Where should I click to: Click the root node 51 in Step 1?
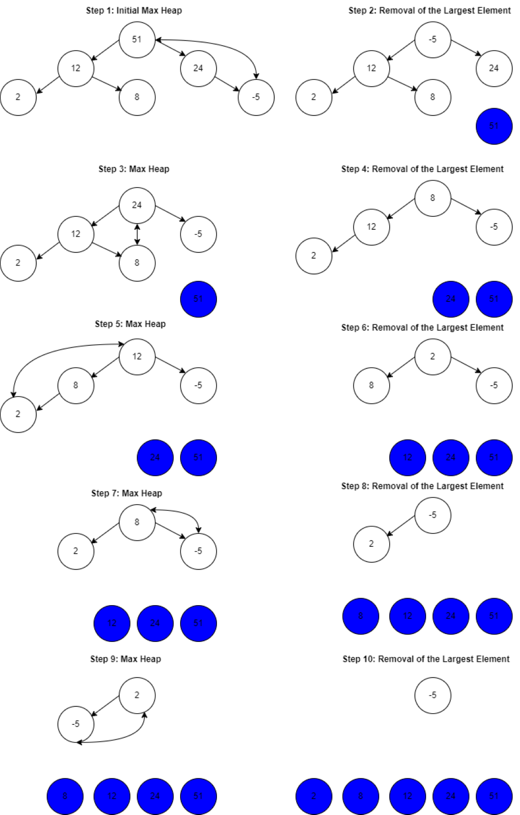(137, 39)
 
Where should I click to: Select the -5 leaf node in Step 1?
(256, 97)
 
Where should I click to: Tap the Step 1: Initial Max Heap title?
(134, 10)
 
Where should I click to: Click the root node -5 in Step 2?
(432, 39)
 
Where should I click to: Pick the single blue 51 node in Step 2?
(494, 126)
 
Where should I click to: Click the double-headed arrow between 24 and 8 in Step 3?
(137, 234)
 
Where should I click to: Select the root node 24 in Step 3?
(137, 205)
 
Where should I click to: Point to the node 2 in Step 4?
(314, 256)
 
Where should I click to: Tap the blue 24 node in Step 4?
(450, 299)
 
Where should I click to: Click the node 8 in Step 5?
(76, 385)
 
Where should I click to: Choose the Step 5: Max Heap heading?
(130, 324)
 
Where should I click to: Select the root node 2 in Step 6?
(432, 356)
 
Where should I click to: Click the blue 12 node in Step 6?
(407, 457)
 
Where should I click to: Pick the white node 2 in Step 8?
(371, 544)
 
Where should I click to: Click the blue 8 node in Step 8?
(360, 616)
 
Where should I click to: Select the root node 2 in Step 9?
(137, 695)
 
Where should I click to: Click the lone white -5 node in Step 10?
(432, 695)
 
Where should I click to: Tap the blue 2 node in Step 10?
(314, 796)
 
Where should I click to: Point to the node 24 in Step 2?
(494, 68)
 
